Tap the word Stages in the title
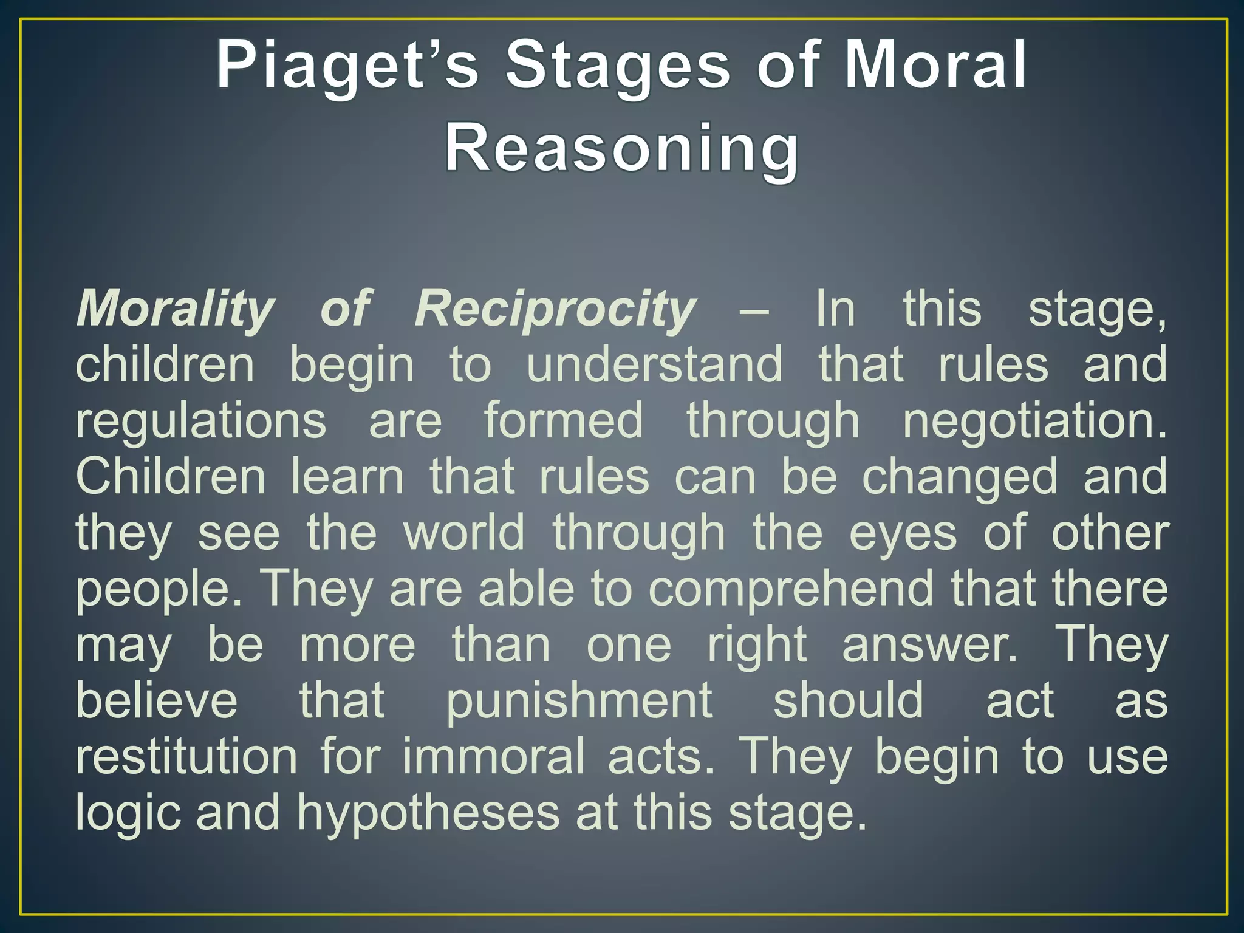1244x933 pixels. click(618, 66)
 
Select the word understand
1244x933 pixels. click(654, 364)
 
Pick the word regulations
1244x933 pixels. click(201, 421)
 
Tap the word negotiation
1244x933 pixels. click(1034, 421)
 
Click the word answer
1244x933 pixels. click(929, 645)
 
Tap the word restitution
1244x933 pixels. click(186, 757)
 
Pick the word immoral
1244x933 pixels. click(493, 757)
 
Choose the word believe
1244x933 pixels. click(156, 701)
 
